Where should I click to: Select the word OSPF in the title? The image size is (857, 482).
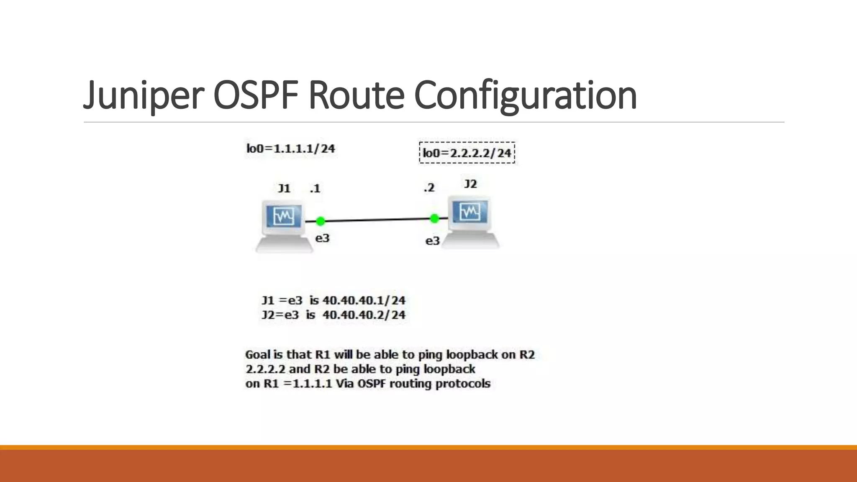(256, 95)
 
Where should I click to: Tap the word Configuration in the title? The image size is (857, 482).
(525, 95)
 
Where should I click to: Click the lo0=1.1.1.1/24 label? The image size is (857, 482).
(291, 149)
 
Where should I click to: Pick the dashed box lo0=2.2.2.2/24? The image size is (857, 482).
(467, 153)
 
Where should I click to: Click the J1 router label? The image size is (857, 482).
(284, 188)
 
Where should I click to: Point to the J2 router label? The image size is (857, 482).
(470, 184)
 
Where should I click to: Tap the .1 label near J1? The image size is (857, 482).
(315, 189)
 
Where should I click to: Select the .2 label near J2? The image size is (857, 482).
(429, 188)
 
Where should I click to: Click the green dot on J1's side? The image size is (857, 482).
(321, 221)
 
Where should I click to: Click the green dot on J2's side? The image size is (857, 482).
(434, 218)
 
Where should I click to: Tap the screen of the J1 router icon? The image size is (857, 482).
(284, 216)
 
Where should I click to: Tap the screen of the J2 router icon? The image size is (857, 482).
(470, 212)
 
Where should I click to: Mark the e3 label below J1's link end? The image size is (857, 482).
(322, 238)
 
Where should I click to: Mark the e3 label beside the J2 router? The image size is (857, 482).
(432, 241)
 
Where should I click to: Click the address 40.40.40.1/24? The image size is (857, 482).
(364, 300)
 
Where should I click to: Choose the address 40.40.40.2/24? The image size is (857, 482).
(364, 315)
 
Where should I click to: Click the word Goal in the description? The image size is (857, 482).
(257, 355)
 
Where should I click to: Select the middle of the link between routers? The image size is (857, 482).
(377, 220)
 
